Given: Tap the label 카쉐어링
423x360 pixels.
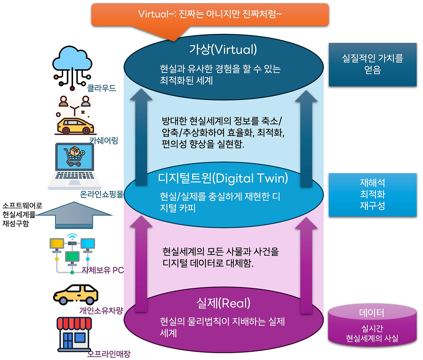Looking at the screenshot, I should [103, 140].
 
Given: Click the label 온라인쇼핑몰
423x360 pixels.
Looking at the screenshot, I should [101, 194].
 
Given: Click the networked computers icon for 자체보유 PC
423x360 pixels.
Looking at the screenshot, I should [72, 253].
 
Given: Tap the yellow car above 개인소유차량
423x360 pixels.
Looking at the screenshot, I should [76, 295].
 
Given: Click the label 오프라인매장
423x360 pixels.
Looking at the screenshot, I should [109, 354].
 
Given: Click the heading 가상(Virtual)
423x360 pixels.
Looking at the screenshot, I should [223, 50].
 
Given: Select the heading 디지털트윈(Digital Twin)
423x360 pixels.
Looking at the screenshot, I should [223, 178].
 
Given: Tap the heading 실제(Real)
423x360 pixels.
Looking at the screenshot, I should [223, 303].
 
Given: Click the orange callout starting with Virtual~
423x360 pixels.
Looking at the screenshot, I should [210, 14].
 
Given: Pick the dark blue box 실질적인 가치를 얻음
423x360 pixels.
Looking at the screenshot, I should [372, 64].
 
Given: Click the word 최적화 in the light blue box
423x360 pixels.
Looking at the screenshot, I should [372, 194].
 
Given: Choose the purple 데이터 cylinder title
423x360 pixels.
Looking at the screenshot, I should [372, 312].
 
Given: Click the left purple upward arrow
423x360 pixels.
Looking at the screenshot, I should [141, 264].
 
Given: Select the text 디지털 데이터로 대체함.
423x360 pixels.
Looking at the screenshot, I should [208, 263].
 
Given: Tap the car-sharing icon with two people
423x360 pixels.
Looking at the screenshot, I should [75, 116].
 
